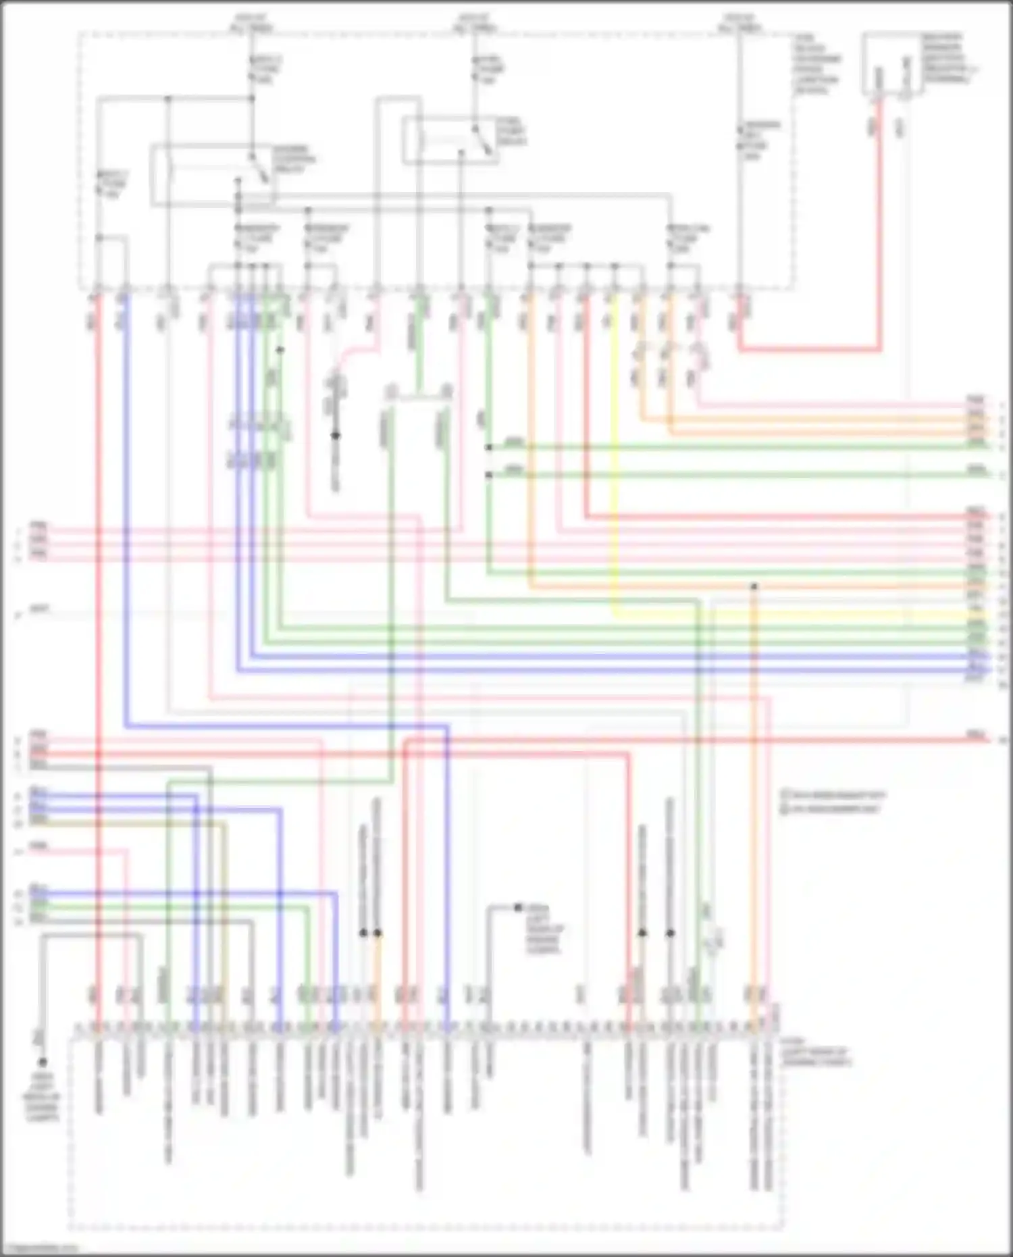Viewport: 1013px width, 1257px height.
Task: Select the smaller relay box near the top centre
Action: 450,140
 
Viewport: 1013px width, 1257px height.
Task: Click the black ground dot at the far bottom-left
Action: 42,1062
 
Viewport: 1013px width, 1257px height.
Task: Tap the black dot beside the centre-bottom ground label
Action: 518,908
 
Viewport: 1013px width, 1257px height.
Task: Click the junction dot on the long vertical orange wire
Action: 754,586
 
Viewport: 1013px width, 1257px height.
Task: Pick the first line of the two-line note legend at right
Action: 833,795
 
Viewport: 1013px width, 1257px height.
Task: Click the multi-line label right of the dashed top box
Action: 817,64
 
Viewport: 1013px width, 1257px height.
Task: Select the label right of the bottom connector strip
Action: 816,1057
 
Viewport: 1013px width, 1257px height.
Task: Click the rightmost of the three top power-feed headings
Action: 739,22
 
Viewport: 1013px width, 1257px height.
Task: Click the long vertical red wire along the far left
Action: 98,608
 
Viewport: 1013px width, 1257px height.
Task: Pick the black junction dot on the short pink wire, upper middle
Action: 335,436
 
